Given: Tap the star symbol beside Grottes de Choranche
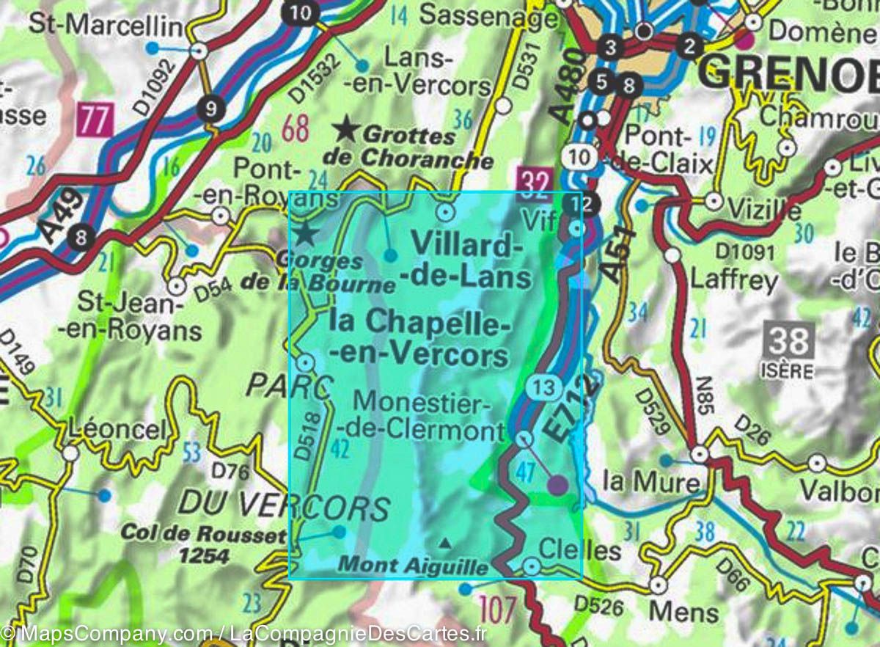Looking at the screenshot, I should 345,131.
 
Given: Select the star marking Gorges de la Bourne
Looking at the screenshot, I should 306,235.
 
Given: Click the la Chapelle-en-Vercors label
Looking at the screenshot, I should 419,337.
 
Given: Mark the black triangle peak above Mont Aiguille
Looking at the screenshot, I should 444,544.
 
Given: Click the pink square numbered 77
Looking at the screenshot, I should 94,120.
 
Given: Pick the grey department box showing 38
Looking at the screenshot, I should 788,341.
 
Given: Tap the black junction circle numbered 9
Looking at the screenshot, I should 211,110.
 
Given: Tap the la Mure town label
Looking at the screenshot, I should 639,482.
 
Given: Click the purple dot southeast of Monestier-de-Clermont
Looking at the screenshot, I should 558,485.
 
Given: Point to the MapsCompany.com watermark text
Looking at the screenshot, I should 110,633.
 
